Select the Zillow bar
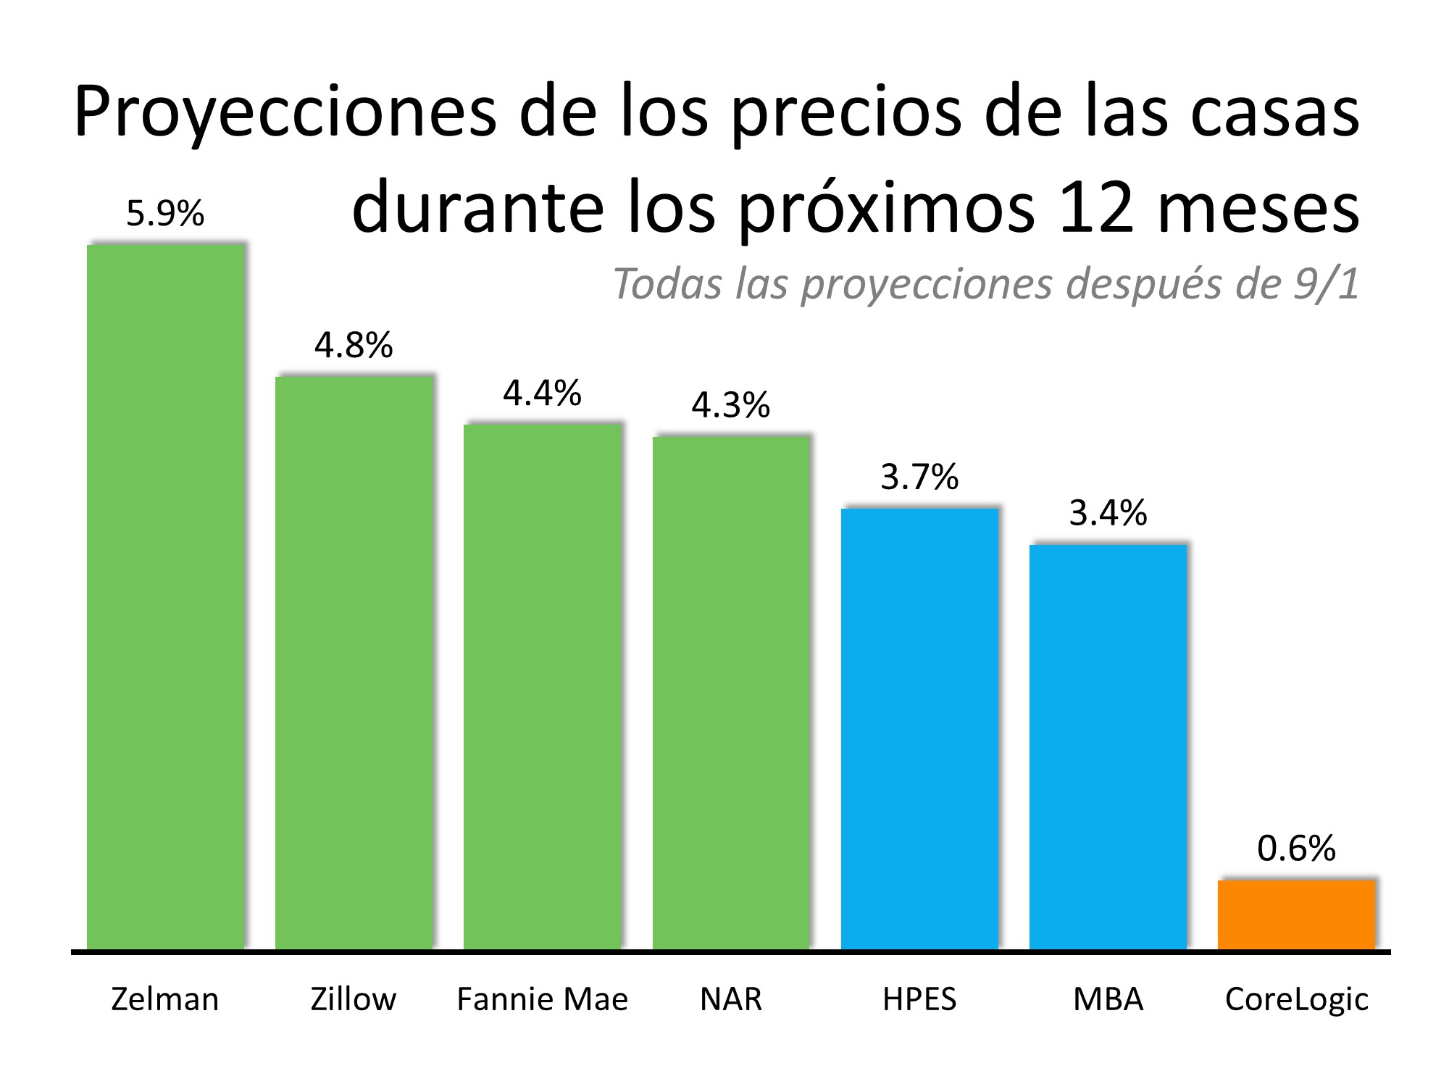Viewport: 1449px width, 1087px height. (x=354, y=662)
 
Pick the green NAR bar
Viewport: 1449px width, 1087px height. (x=731, y=692)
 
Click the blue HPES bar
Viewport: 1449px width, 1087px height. (x=919, y=728)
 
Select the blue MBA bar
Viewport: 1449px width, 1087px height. (x=1108, y=746)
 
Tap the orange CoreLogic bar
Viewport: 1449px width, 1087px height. (x=1296, y=915)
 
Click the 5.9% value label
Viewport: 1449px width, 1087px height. (x=165, y=214)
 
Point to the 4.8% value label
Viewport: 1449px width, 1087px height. (x=354, y=346)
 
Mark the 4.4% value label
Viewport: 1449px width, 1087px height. (x=542, y=393)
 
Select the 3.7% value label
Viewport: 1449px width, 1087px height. (x=919, y=478)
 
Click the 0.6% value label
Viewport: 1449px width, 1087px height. (x=1296, y=849)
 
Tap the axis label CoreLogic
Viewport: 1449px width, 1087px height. (x=1296, y=1000)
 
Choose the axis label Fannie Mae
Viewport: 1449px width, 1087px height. (x=542, y=1000)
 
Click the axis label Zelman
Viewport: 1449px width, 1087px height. (x=165, y=1000)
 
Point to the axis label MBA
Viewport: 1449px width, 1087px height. (x=1108, y=1000)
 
